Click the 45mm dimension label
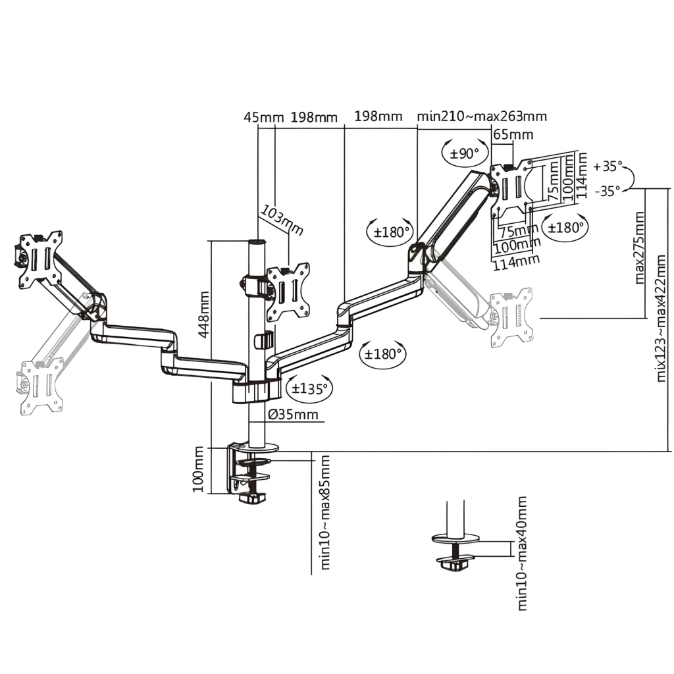(263, 117)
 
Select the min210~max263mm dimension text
(482, 117)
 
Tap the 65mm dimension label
(513, 134)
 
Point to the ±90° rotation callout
(465, 153)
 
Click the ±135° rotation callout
(309, 388)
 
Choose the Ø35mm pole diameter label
(293, 415)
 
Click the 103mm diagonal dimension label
(282, 220)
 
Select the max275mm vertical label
(639, 247)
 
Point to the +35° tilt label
(608, 167)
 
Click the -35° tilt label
(608, 191)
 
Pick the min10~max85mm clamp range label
(325, 512)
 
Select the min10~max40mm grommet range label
(521, 553)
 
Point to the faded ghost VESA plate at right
(511, 317)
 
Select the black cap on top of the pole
(257, 242)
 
